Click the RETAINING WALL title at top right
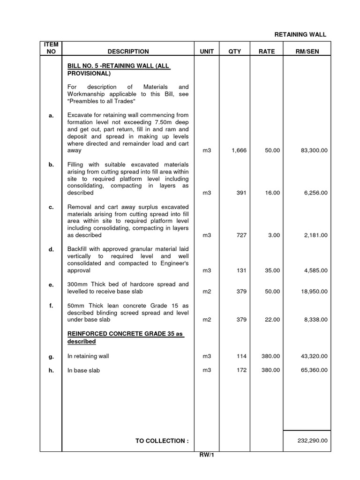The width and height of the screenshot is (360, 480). pyautogui.click(x=300, y=34)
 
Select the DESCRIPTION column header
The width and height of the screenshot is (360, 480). pyautogui.click(x=128, y=52)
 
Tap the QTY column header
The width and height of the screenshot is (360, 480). pyautogui.click(x=234, y=52)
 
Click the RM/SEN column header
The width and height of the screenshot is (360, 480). pyautogui.click(x=307, y=52)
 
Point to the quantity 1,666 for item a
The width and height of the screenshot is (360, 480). pyautogui.click(x=239, y=151)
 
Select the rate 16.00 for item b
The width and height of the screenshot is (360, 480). pyautogui.click(x=272, y=193)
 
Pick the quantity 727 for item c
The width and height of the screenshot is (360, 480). pyautogui.click(x=241, y=235)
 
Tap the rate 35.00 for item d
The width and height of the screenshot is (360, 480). pyautogui.click(x=272, y=270)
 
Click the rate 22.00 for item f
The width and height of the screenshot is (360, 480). pyautogui.click(x=272, y=320)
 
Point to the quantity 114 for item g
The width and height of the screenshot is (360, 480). pyautogui.click(x=241, y=357)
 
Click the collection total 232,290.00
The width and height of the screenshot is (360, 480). pyautogui.click(x=313, y=441)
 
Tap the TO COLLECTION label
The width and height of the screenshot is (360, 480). pyautogui.click(x=162, y=441)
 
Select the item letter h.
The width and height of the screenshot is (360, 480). pyautogui.click(x=51, y=370)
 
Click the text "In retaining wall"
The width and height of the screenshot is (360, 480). pyautogui.click(x=88, y=357)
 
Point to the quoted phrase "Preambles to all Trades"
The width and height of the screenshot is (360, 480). pyautogui.click(x=102, y=102)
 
